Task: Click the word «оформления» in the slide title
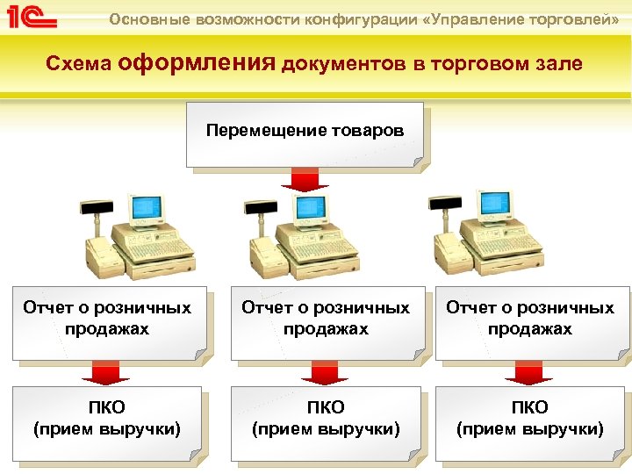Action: point(197,63)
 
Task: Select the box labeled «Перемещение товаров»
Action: point(305,133)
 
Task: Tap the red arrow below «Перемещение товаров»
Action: point(305,179)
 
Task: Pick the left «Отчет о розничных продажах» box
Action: point(108,321)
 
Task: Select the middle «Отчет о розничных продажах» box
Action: point(326,321)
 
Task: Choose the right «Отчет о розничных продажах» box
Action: point(530,321)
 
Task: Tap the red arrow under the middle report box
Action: point(325,374)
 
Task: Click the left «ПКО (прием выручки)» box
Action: point(107,420)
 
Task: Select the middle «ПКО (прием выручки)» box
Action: point(326,420)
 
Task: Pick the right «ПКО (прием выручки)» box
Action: point(529,420)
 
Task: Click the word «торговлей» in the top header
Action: point(571,18)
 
